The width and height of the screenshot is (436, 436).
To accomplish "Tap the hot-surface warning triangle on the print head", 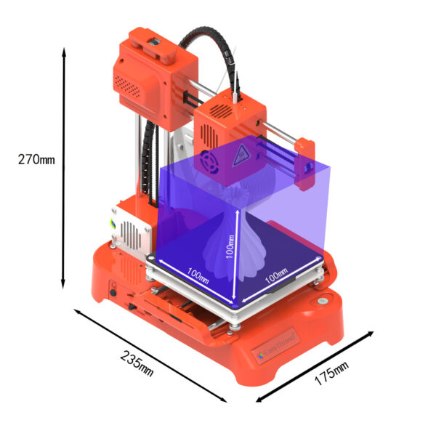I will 240,156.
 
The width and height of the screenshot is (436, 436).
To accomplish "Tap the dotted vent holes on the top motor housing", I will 129,85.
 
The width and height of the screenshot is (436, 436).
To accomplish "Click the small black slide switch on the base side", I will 133,307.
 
